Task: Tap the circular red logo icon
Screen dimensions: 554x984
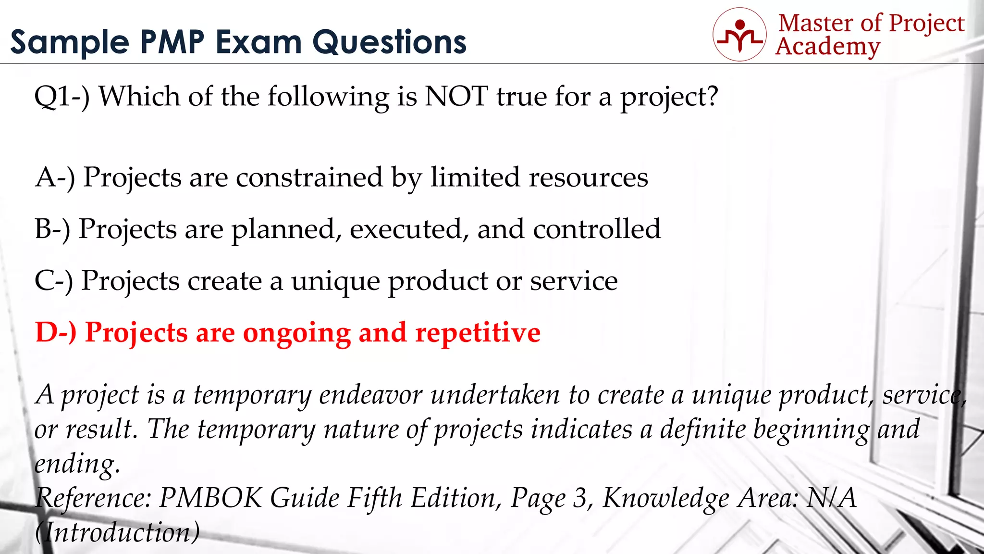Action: click(x=739, y=34)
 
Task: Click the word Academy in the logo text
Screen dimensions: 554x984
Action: click(x=828, y=47)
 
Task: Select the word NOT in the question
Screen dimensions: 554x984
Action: click(x=456, y=96)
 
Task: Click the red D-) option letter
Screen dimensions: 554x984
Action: click(x=56, y=333)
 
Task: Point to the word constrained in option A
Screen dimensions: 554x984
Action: click(x=309, y=177)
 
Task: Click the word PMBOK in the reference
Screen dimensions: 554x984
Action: click(x=210, y=498)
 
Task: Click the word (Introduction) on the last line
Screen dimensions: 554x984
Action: click(x=117, y=533)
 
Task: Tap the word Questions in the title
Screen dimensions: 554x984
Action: click(x=389, y=42)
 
